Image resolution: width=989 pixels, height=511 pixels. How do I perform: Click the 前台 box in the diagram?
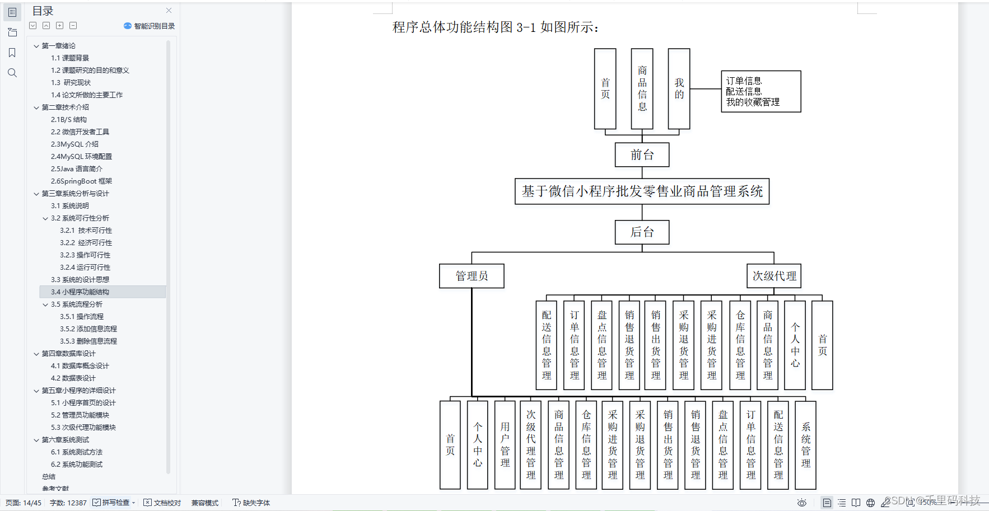tap(642, 155)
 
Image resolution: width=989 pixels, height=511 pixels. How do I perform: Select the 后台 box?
tap(642, 232)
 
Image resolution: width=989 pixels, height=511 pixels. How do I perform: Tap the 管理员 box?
tap(472, 276)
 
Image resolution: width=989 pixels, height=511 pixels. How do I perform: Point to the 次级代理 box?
tap(774, 276)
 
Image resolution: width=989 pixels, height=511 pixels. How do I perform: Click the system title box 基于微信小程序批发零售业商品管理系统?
tap(642, 191)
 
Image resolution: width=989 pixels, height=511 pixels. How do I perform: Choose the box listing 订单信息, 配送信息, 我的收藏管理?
tap(761, 92)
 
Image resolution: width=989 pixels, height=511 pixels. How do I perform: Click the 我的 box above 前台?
tap(679, 89)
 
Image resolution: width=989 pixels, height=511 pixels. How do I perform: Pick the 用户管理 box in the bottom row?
tap(505, 445)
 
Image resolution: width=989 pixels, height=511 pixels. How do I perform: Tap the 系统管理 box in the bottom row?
tap(805, 445)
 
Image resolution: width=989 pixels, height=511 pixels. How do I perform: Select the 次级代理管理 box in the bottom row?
tap(531, 445)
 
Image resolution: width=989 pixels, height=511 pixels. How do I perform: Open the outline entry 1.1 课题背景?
tap(70, 58)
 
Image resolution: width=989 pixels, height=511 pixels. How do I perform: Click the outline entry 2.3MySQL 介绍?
tap(74, 144)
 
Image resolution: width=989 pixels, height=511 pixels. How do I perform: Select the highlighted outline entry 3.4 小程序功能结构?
tap(80, 292)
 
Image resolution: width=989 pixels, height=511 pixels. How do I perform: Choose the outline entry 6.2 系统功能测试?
tap(77, 465)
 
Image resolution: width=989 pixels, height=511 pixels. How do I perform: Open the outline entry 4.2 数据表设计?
tap(73, 378)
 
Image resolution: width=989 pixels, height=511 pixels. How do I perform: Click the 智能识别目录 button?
tap(150, 26)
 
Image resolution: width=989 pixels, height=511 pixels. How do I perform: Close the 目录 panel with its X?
tap(169, 11)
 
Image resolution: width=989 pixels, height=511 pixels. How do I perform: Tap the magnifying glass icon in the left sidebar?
tap(12, 73)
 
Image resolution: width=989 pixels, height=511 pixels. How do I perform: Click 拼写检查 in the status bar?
tap(115, 503)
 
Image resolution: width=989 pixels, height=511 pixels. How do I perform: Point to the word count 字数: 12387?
tap(68, 503)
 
